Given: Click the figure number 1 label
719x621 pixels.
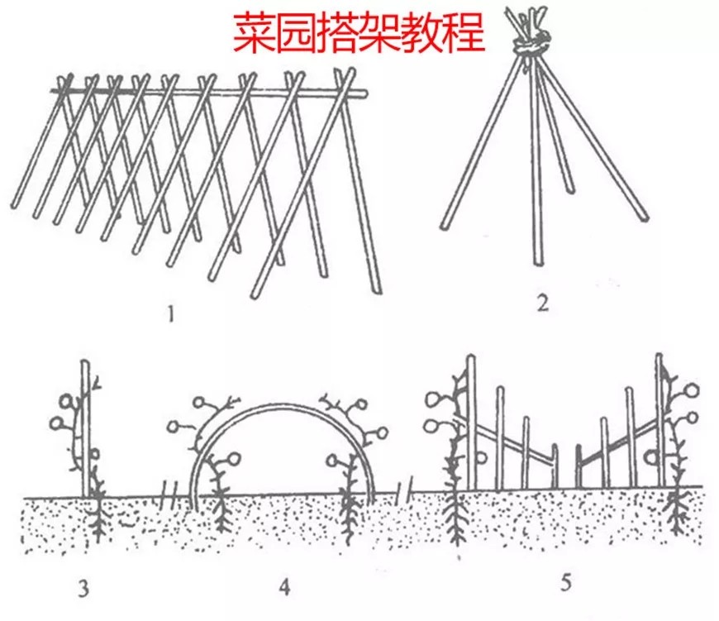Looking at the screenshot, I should coord(171,314).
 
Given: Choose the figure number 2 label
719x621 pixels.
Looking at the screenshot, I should coord(542,303).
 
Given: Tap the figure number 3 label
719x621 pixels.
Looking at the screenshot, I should coord(83,589).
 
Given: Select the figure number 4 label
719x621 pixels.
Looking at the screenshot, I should coord(285,588).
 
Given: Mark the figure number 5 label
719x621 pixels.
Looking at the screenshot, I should coord(565,584).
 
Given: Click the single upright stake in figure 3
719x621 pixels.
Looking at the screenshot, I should coord(84,430).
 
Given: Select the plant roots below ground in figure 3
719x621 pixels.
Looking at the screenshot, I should coord(98,521).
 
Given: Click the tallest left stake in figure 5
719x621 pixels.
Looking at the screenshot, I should coord(471,422).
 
